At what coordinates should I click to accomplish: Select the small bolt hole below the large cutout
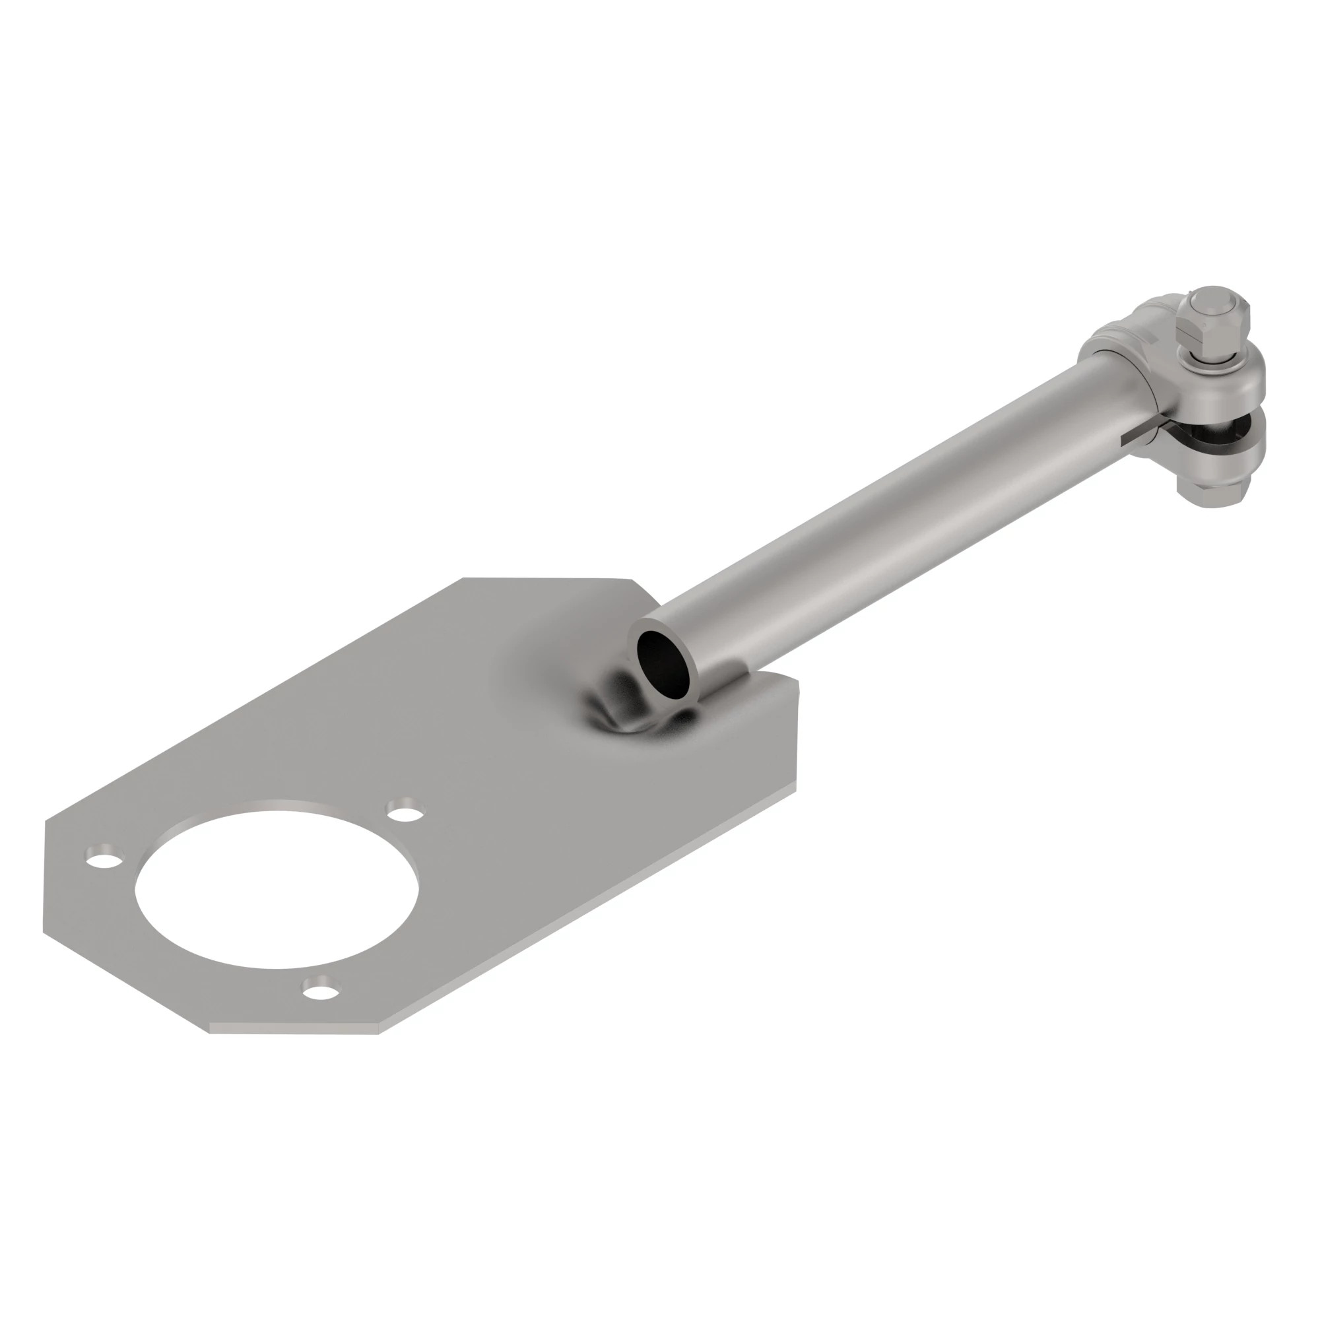click(x=321, y=988)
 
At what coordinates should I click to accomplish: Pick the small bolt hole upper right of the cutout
click(x=405, y=812)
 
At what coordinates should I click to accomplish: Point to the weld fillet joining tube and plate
click(x=618, y=711)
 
